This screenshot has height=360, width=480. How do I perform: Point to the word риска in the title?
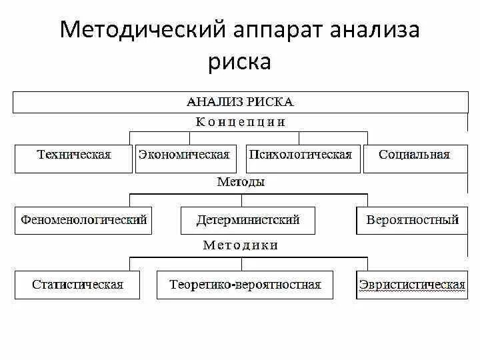pyautogui.click(x=240, y=62)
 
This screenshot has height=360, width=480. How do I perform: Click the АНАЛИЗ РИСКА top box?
pyautogui.click(x=240, y=102)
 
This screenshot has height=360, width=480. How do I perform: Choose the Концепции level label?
pyautogui.click(x=241, y=122)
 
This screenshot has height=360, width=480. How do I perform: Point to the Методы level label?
pyautogui.click(x=241, y=181)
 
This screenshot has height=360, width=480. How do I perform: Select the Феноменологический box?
pyautogui.click(x=83, y=220)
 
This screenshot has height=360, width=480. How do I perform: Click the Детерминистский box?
pyautogui.click(x=248, y=220)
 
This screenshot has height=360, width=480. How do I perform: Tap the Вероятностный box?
pyautogui.click(x=412, y=220)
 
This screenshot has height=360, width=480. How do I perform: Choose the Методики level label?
pyautogui.click(x=241, y=245)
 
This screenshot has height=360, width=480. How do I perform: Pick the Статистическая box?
pyautogui.click(x=77, y=285)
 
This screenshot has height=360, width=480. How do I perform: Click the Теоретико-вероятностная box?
pyautogui.click(x=245, y=285)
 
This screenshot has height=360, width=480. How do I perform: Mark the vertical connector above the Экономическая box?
pyautogui.click(x=190, y=138)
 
